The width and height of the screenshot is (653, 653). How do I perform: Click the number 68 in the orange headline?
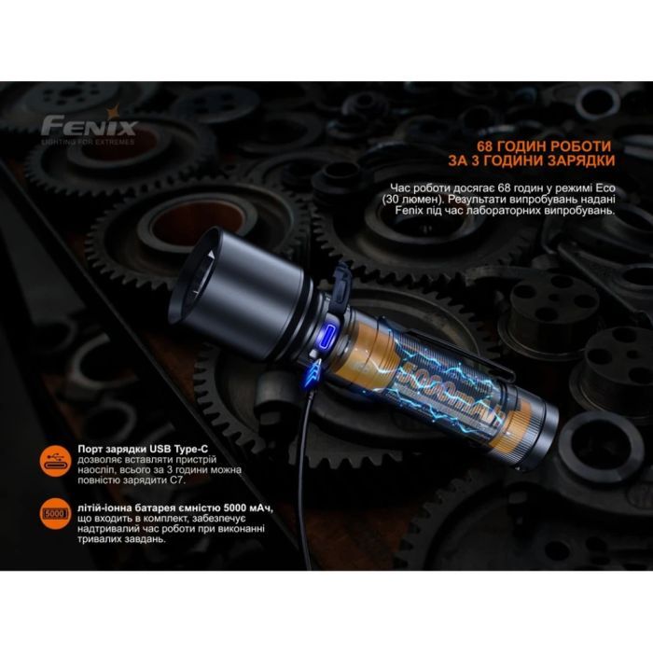coord(488,148)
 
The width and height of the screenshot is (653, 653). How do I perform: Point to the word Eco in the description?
coord(598,188)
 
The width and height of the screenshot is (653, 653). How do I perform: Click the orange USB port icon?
coord(57,460)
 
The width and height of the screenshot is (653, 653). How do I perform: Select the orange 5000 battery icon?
coord(57,512)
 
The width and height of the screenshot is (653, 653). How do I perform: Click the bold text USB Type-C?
coord(169,450)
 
